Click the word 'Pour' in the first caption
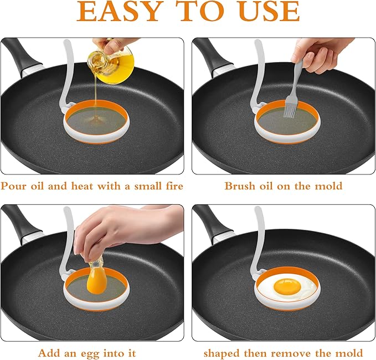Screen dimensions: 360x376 (x=18, y=186)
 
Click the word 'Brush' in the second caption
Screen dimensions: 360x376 (x=239, y=186)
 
